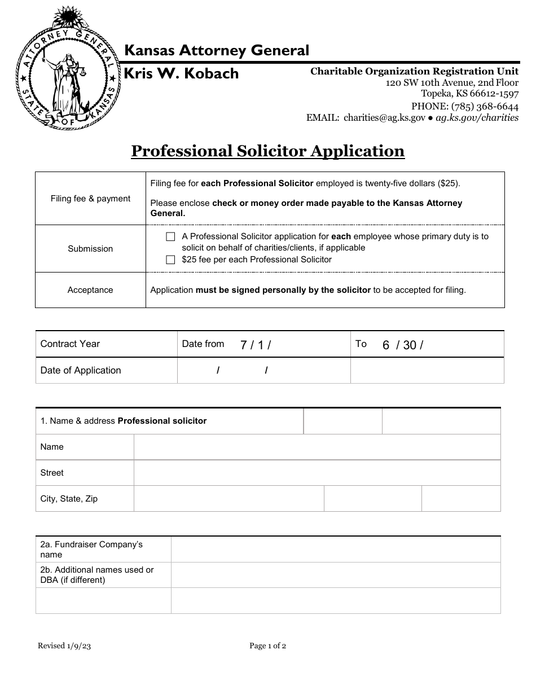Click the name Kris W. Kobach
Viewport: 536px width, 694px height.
coord(181,74)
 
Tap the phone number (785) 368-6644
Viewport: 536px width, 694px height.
coord(464,106)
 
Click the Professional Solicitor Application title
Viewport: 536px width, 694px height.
coord(268,151)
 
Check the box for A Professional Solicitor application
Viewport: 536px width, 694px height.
coord(170,237)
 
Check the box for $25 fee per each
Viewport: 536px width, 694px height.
coord(170,260)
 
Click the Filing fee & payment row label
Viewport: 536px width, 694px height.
coord(90,199)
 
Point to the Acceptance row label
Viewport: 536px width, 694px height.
coord(90,290)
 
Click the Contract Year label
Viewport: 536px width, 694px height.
coord(70,344)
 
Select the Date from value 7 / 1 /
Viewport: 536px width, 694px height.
coord(256,345)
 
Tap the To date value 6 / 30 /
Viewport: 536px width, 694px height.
coord(403,345)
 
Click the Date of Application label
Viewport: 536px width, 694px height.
coord(81,370)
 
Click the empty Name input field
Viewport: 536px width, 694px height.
coord(317,447)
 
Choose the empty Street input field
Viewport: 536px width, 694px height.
coord(317,473)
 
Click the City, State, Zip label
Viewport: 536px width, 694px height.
coord(69,499)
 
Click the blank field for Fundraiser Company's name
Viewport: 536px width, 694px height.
coord(335,550)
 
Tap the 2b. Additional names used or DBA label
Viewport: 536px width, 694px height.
coord(97,575)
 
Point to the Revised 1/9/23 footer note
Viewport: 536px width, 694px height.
coord(64,646)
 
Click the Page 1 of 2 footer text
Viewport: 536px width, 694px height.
coord(268,646)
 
